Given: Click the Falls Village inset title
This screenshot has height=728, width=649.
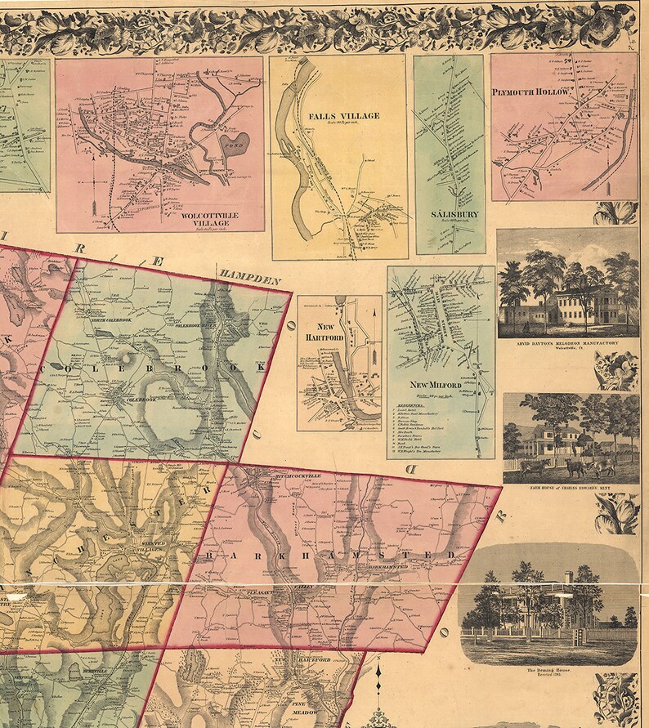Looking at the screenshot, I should [343, 116].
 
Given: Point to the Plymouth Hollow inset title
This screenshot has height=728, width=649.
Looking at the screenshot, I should [530, 92].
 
